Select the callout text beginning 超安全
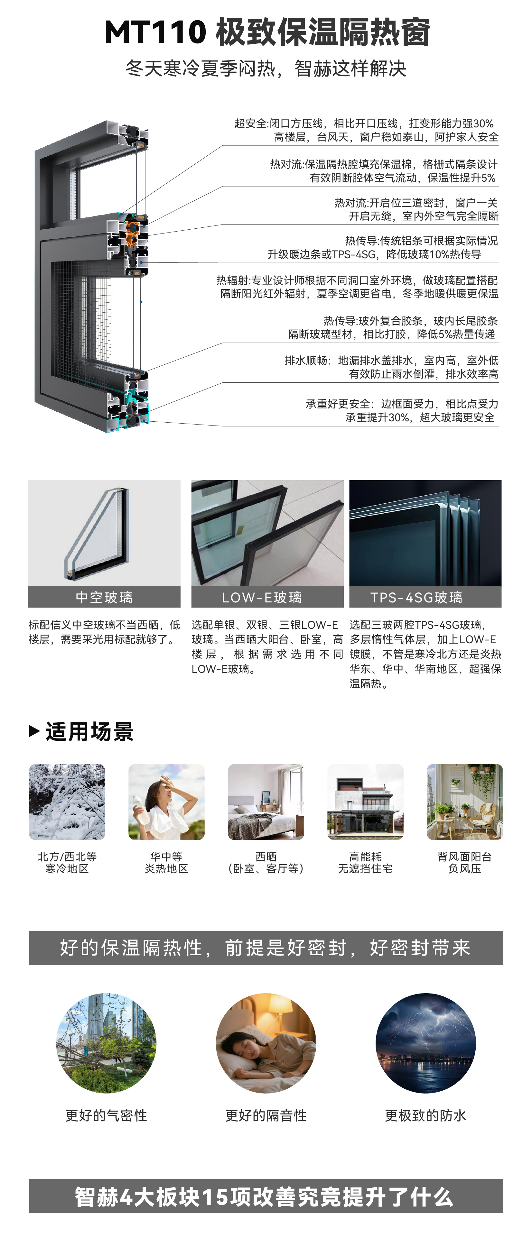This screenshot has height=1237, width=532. pyautogui.click(x=366, y=130)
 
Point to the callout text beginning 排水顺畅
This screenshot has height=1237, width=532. pyautogui.click(x=391, y=367)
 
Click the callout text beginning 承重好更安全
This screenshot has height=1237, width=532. pyautogui.click(x=402, y=411)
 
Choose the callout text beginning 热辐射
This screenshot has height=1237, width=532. pyautogui.click(x=357, y=287)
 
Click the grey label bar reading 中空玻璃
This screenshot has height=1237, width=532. pyautogui.click(x=104, y=597)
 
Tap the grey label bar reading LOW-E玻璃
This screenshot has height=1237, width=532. pyautogui.click(x=267, y=597)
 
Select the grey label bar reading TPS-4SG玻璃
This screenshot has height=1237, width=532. pyautogui.click(x=425, y=597)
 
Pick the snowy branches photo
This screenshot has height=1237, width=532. pyautogui.click(x=67, y=802)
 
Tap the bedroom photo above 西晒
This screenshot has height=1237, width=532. pyautogui.click(x=266, y=802)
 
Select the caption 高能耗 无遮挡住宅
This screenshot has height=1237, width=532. pyautogui.click(x=365, y=862)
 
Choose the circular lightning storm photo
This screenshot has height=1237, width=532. pyautogui.click(x=425, y=1043)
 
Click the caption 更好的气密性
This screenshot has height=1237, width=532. pyautogui.click(x=106, y=1115)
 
